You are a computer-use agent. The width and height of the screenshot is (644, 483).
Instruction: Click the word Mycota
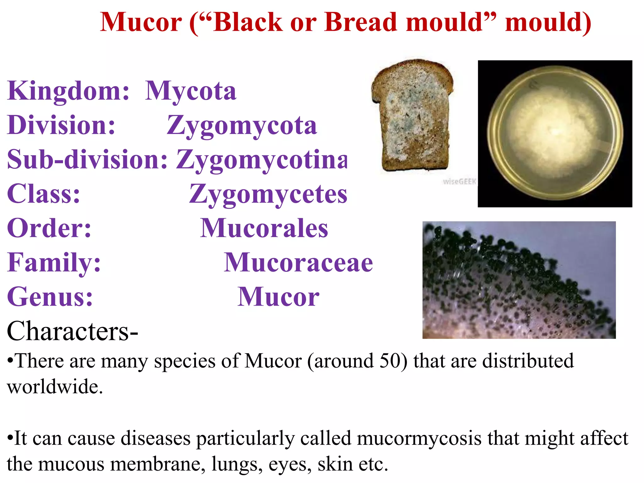pyautogui.click(x=191, y=91)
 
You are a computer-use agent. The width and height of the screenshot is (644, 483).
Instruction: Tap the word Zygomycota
pyautogui.click(x=241, y=125)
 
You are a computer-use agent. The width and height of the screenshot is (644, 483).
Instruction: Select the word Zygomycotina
pyautogui.click(x=262, y=160)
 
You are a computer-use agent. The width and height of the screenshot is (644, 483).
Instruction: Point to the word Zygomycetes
pyautogui.click(x=268, y=194)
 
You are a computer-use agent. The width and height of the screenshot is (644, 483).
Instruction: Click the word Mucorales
pyautogui.click(x=264, y=228)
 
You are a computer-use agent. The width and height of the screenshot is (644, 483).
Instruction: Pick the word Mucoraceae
pyautogui.click(x=298, y=263)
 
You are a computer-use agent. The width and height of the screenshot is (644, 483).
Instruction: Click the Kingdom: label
pyautogui.click(x=68, y=91)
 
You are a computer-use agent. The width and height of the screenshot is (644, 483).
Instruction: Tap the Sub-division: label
pyautogui.click(x=87, y=160)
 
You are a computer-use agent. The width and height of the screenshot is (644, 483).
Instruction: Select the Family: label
pyautogui.click(x=54, y=263)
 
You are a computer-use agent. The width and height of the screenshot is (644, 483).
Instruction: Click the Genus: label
pyautogui.click(x=50, y=297)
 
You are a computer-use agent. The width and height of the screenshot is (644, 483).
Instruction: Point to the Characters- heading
pyautogui.click(x=72, y=331)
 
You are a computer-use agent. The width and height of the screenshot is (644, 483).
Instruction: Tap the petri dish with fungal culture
pyautogui.click(x=555, y=134)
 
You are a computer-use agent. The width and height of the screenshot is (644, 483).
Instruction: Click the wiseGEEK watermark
pyautogui.click(x=459, y=181)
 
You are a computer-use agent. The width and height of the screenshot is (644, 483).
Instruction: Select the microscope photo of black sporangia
pyautogui.click(x=519, y=280)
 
